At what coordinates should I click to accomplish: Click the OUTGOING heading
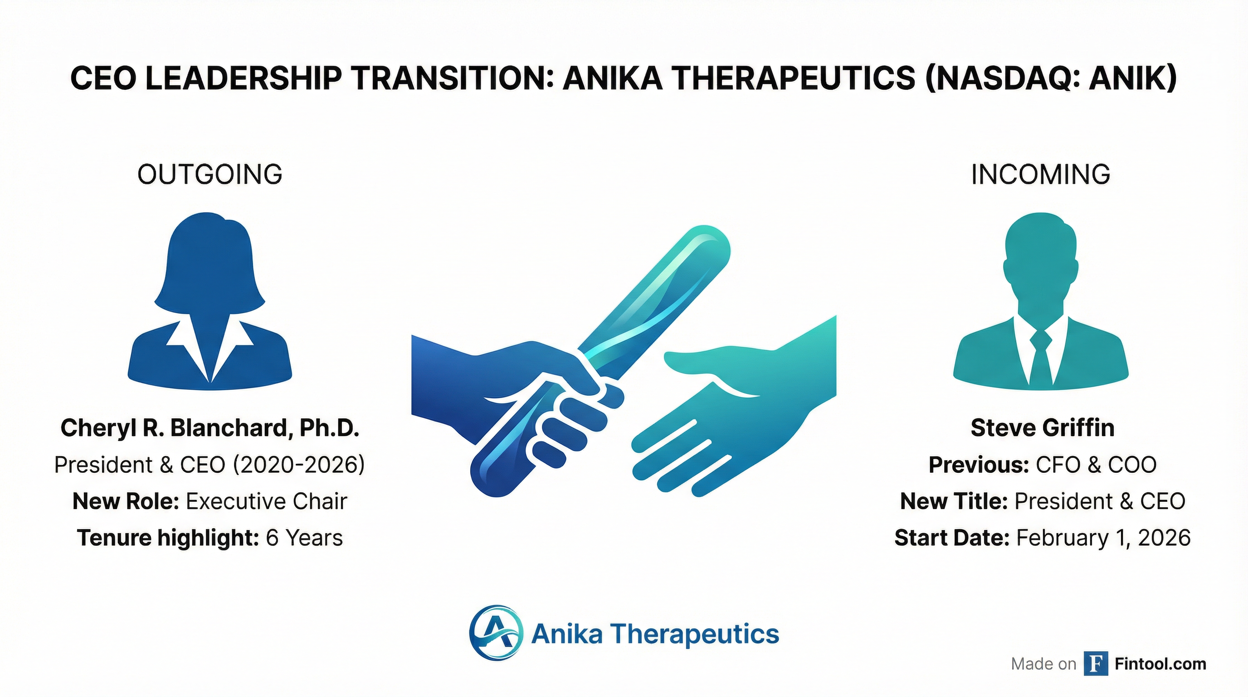click(x=210, y=175)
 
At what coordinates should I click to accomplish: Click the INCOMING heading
click(x=1041, y=175)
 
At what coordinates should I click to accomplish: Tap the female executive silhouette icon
click(x=210, y=300)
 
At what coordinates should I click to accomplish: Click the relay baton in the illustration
click(x=601, y=361)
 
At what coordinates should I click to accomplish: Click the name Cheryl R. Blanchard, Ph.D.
click(x=210, y=428)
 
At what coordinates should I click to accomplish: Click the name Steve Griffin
click(x=1043, y=428)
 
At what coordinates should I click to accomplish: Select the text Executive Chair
click(x=267, y=501)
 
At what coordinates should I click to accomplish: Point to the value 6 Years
click(x=304, y=538)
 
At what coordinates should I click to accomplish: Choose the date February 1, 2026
click(x=1103, y=538)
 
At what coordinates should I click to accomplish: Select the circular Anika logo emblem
click(x=496, y=633)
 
